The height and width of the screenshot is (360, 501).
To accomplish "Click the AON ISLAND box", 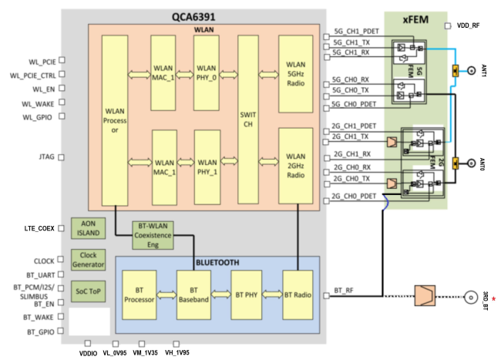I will [x=87, y=229].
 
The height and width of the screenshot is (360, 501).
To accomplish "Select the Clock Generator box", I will [x=87, y=260].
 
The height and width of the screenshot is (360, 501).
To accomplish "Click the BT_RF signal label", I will [x=345, y=290].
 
